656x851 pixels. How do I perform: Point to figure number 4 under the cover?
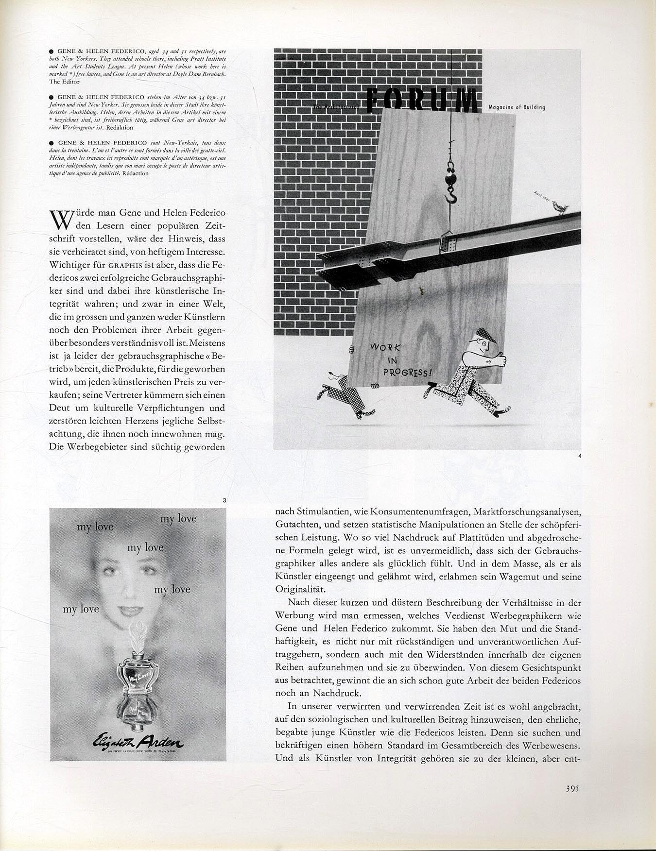click(x=580, y=456)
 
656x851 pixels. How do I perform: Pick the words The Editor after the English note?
click(x=64, y=82)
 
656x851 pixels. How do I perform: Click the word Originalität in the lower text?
click(x=300, y=589)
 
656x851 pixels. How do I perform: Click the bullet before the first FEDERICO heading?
click(x=51, y=51)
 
